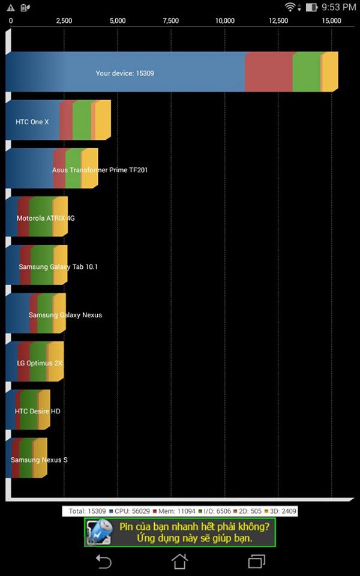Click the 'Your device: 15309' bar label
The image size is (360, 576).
(125, 73)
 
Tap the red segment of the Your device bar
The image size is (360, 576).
(268, 72)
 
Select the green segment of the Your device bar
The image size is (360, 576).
(307, 72)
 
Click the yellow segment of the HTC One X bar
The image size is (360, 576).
(103, 121)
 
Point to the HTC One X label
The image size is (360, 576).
(32, 122)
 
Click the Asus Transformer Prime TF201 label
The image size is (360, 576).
(100, 170)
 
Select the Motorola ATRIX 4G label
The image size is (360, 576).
(46, 218)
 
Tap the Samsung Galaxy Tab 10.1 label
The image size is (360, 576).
(58, 266)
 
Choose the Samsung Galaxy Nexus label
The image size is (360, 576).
(65, 315)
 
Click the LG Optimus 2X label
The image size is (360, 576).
(40, 363)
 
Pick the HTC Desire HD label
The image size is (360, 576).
(37, 412)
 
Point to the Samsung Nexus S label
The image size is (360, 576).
(39, 460)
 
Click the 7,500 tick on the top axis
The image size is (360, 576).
(170, 21)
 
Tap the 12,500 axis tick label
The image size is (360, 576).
(278, 21)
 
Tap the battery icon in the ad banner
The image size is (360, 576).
(99, 532)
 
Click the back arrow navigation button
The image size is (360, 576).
(103, 561)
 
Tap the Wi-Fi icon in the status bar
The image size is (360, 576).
(291, 7)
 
